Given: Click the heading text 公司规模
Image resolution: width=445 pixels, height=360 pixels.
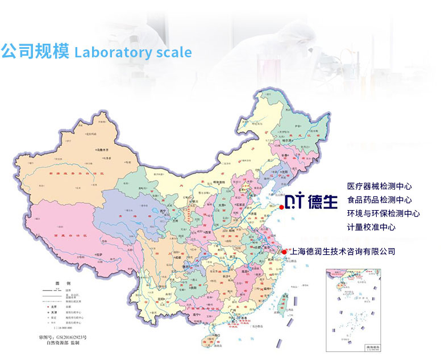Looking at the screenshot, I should (x=35, y=52).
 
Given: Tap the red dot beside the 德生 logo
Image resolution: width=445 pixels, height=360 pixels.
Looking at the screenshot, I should (x=281, y=208).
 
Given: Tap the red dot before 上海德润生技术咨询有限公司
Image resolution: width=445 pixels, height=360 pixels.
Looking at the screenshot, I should (x=284, y=252).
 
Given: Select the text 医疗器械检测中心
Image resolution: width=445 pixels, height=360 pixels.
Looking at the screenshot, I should (x=379, y=186).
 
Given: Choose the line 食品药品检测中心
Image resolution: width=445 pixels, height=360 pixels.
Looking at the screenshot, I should (x=379, y=200).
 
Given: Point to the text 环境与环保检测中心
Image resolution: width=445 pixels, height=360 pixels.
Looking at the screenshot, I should (x=383, y=214).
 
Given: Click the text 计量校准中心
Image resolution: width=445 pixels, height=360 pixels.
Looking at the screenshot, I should (x=371, y=227).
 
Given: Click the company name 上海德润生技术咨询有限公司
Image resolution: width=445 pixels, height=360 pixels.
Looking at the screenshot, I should (x=342, y=252).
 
